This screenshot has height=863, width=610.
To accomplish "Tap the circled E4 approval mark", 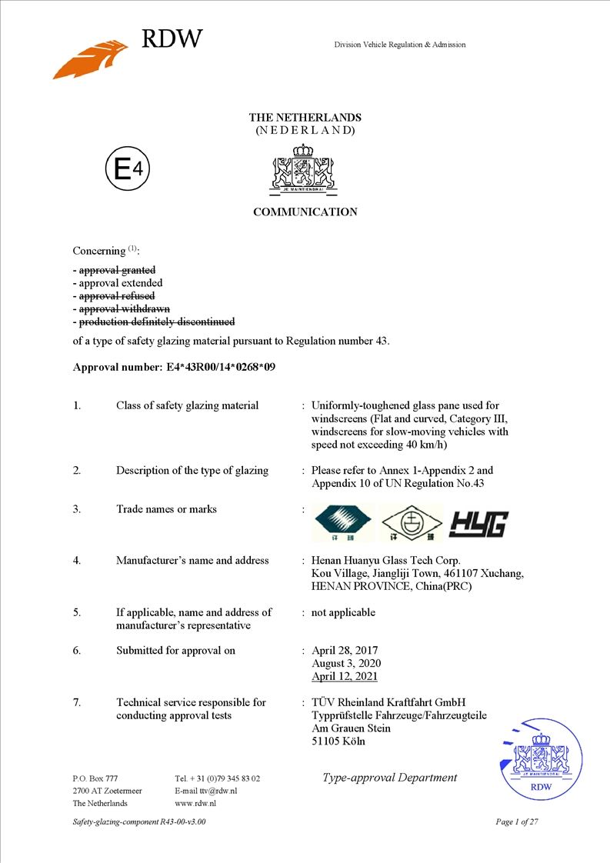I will coord(127,170).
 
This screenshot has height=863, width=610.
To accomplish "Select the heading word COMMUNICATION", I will coord(305,212).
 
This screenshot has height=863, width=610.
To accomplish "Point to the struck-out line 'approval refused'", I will coord(117,296).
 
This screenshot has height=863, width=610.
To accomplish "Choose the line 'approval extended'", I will coord(120,283).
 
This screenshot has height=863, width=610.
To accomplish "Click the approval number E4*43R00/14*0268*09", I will coord(221,367).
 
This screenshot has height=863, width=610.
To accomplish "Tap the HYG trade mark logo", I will coord(478,525).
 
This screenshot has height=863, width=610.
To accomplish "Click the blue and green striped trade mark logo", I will coord(344,523).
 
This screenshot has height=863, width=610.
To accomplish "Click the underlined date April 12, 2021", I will coord(345,677).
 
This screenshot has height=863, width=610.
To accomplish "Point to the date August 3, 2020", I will coord(346,664).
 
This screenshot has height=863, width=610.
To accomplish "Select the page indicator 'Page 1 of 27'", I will coord(517,822).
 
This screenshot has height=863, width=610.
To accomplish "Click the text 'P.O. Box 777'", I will coord(95,778).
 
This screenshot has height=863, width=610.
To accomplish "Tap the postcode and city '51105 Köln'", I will coord(338,741).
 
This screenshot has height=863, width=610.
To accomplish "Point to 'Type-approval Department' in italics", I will coord(389,778).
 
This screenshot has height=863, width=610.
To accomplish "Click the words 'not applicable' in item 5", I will coord(343,613).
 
